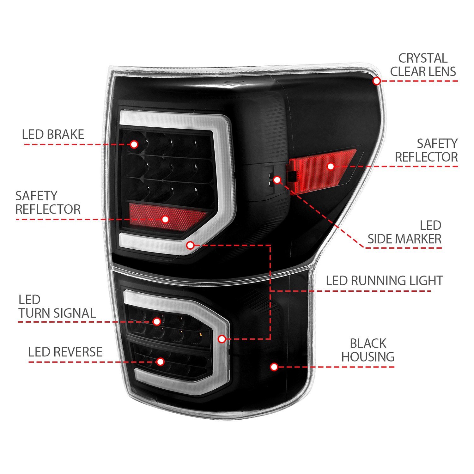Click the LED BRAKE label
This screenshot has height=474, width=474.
pyautogui.click(x=53, y=134)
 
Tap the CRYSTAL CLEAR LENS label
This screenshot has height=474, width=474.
pyautogui.click(x=423, y=65)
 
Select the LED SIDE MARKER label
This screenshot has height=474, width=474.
pyautogui.click(x=404, y=232)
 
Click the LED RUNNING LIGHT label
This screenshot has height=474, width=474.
pyautogui.click(x=384, y=281)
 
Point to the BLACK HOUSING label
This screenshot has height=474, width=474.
pyautogui.click(x=368, y=350)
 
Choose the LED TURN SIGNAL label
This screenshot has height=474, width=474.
pyautogui.click(x=57, y=307)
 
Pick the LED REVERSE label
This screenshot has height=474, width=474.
pyautogui.click(x=65, y=352)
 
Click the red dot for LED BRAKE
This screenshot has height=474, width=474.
pyautogui.click(x=134, y=144)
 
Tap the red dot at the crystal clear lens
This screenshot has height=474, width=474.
pyautogui.click(x=376, y=81)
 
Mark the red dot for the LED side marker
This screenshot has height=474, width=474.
pyautogui.click(x=277, y=180)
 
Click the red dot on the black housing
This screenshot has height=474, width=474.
pyautogui.click(x=274, y=367)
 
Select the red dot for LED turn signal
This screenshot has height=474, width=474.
pyautogui.click(x=157, y=322)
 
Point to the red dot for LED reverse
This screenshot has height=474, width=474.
pyautogui.click(x=161, y=362)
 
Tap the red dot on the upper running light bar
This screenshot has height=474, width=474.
pyautogui.click(x=190, y=245)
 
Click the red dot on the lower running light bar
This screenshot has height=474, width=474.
pyautogui.click(x=222, y=339)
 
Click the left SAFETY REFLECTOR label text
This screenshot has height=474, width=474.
pyautogui.click(x=48, y=203)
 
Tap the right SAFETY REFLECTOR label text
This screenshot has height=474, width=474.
pyautogui.click(x=426, y=150)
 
